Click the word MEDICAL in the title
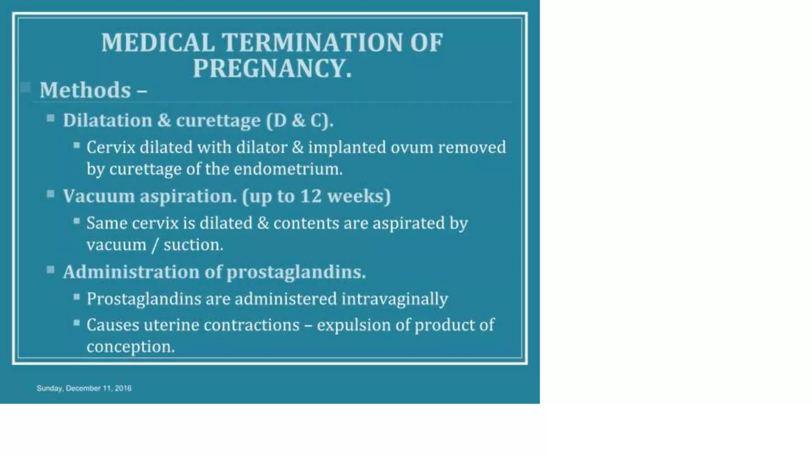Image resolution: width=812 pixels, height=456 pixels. [158, 42]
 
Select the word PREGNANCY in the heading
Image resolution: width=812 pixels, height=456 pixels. [268, 68]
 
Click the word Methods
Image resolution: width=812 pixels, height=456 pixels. [85, 90]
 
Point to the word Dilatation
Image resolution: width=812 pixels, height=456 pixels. [107, 120]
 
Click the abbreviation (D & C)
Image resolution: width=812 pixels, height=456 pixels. [300, 120]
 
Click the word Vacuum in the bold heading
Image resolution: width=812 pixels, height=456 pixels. [99, 196]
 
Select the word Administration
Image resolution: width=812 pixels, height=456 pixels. [131, 272]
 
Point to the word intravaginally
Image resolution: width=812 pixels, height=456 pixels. [395, 299]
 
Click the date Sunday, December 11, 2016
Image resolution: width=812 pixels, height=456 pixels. [84, 388]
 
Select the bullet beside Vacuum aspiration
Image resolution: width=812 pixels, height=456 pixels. [50, 194]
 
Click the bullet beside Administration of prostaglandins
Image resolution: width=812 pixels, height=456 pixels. [50, 270]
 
